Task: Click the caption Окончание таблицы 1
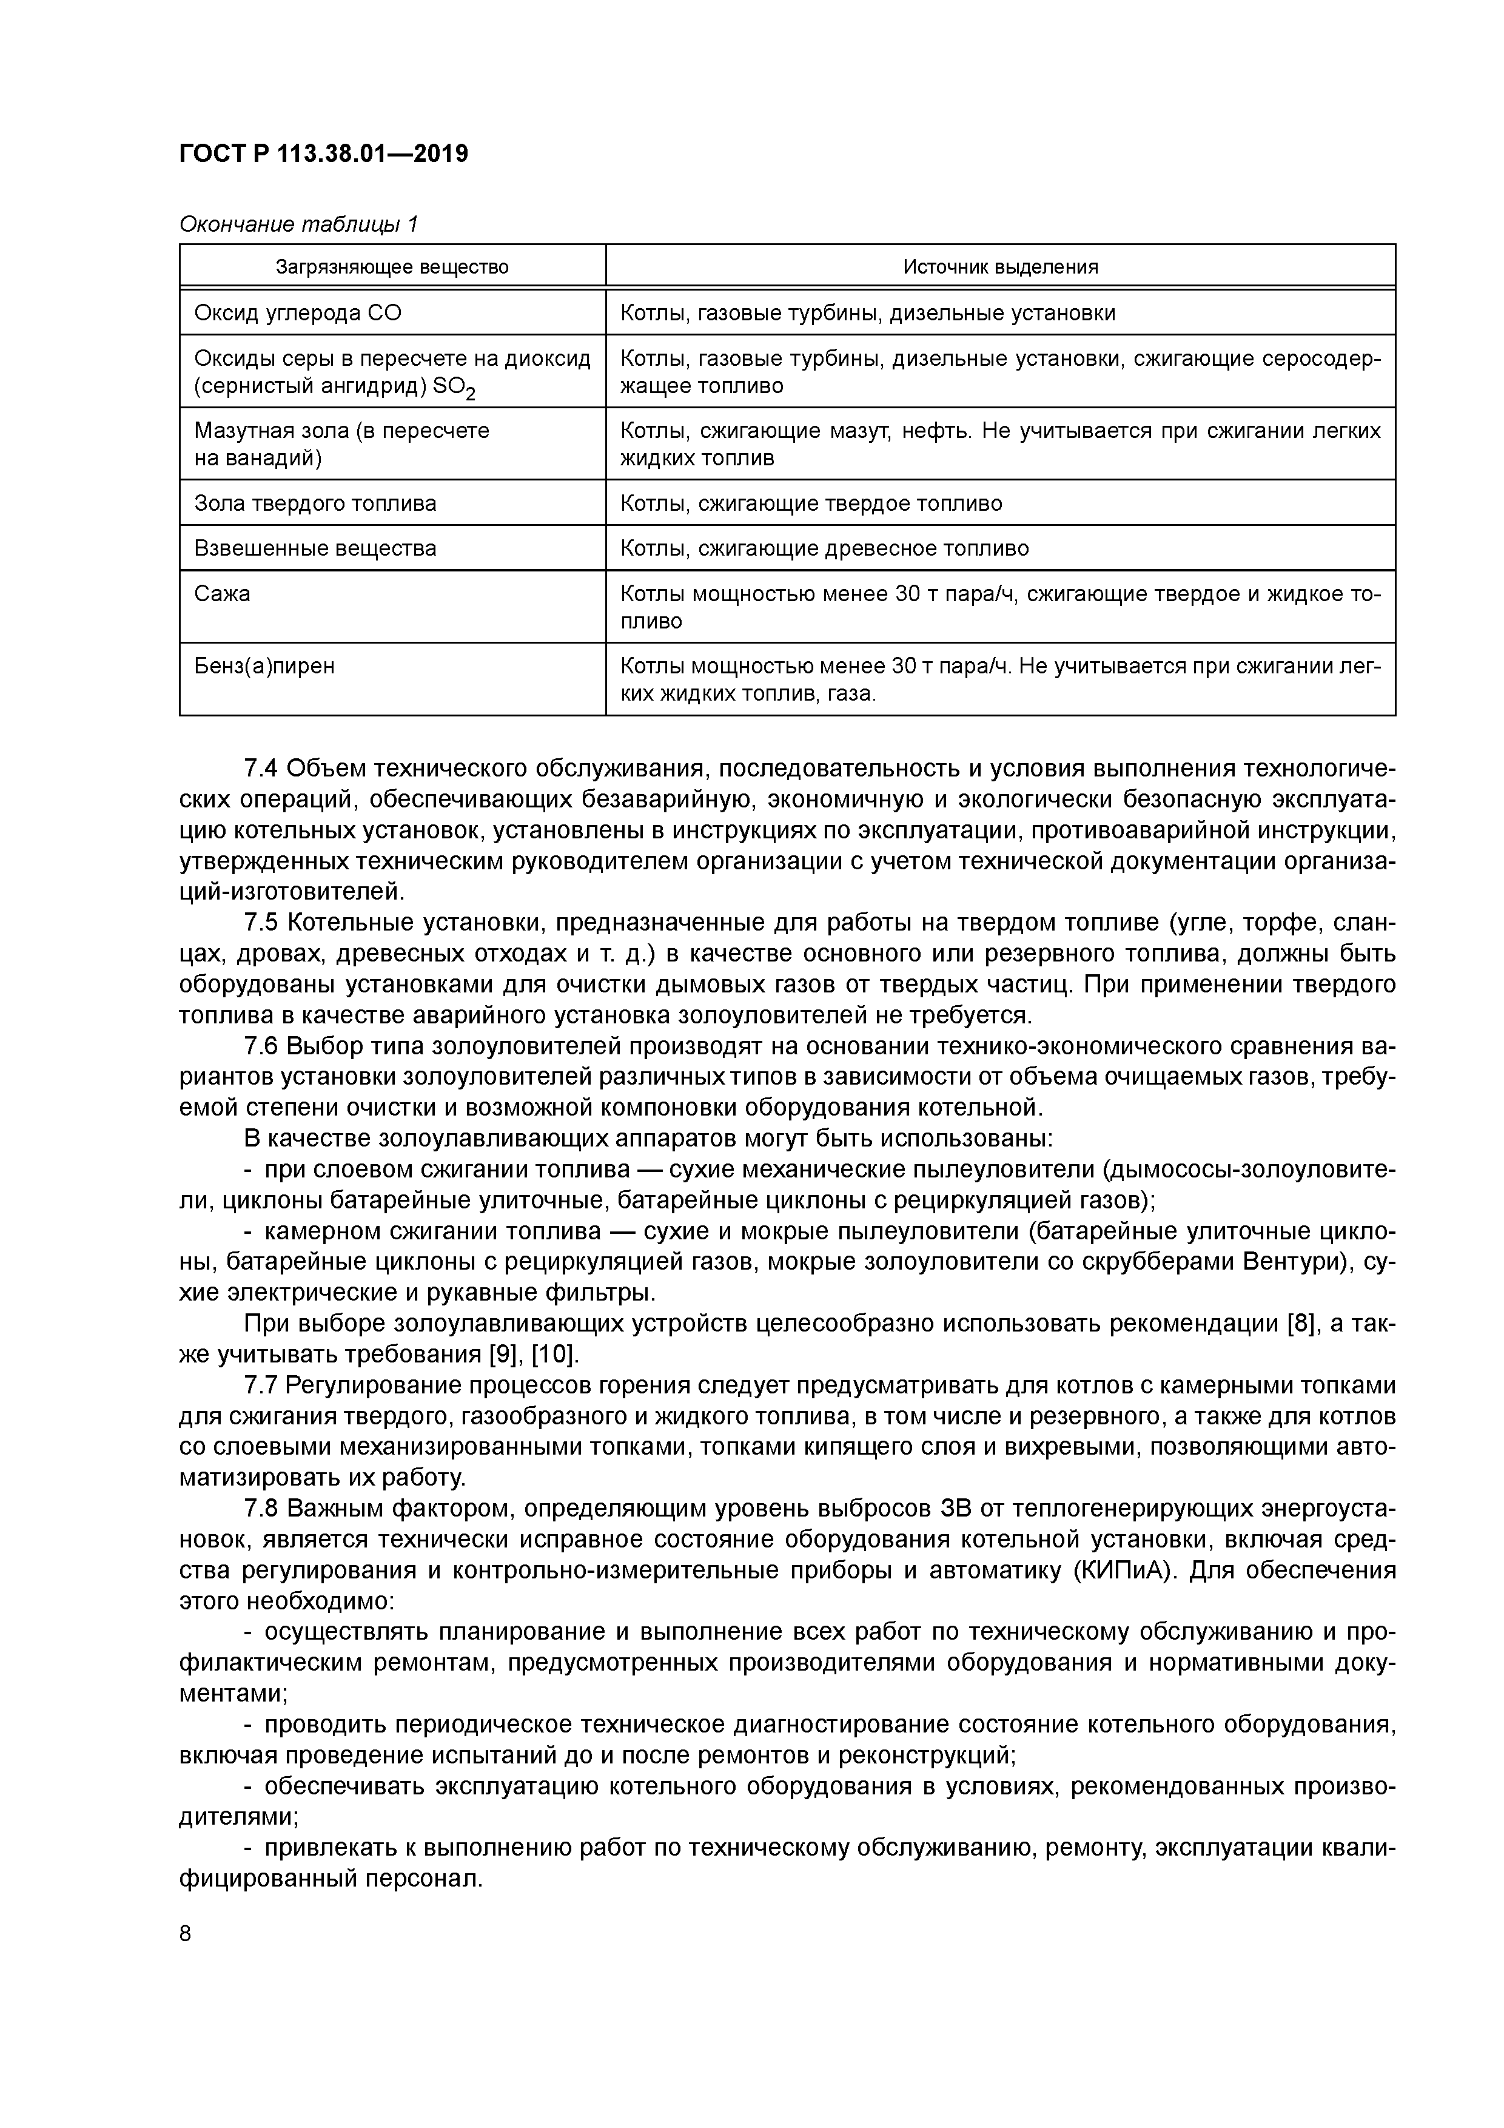coord(298,224)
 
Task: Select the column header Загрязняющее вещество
coord(392,267)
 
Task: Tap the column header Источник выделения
coord(1000,267)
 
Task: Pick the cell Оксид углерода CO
coord(297,313)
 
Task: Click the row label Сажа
coord(223,593)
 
